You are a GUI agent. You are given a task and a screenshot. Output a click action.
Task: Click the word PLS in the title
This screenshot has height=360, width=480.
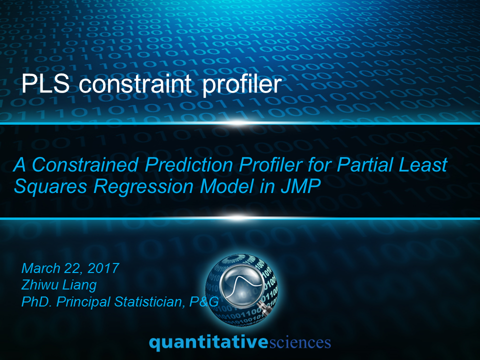tap(45, 83)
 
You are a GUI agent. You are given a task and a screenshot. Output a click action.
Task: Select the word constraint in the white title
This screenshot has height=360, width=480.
tap(135, 83)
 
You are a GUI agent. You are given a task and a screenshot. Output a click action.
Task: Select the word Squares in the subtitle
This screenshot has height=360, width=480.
tap(50, 186)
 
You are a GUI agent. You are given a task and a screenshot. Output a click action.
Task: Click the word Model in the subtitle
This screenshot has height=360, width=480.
tap(227, 186)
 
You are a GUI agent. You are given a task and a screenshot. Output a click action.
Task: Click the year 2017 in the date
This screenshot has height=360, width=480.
tap(103, 268)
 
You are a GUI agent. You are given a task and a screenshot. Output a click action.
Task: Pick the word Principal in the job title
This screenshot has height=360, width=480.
tap(83, 302)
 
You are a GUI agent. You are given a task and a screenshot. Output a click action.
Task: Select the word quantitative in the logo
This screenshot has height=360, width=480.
tap(208, 342)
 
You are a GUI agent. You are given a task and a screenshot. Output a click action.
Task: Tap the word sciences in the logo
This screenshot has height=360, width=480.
tap(300, 342)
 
